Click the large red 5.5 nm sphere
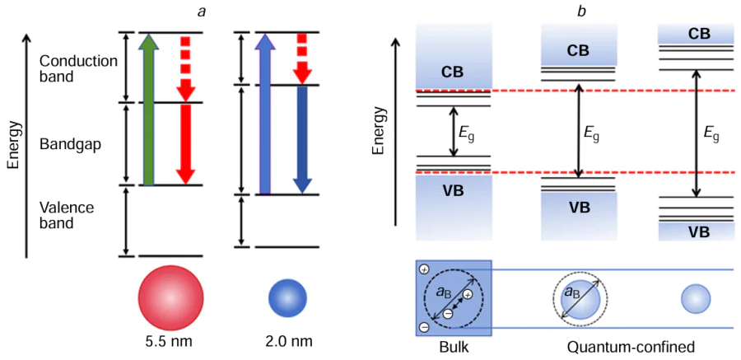pyautogui.click(x=171, y=297)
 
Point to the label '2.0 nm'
pyautogui.click(x=289, y=339)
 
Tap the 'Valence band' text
pyautogui.click(x=67, y=215)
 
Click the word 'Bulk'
pyautogui.click(x=454, y=347)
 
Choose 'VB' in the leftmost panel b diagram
pyautogui.click(x=453, y=191)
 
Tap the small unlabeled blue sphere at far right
pyautogui.click(x=696, y=298)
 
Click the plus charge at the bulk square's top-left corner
pyautogui.click(x=424, y=270)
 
